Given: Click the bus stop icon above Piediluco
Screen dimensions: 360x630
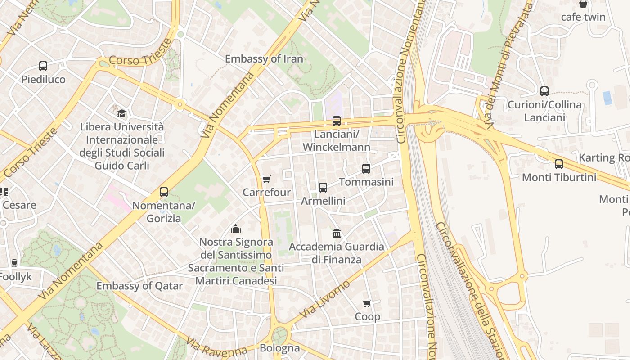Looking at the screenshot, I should click(x=43, y=66).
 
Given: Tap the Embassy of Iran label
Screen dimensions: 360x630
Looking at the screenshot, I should click(x=264, y=59).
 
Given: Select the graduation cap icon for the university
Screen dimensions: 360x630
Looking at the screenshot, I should click(x=121, y=113).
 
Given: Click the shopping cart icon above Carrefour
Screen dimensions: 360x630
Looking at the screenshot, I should click(x=266, y=180).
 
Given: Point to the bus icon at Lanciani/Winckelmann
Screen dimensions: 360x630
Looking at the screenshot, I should click(x=337, y=121).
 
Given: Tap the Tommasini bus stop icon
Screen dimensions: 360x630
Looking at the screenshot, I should click(x=366, y=169).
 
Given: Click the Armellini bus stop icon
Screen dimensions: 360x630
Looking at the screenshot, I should click(x=323, y=188).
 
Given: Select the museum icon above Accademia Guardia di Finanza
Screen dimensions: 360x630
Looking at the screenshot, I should click(x=337, y=233).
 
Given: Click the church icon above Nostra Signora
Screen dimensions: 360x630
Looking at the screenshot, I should click(x=236, y=229).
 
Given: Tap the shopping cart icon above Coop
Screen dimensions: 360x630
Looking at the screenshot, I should click(x=367, y=304).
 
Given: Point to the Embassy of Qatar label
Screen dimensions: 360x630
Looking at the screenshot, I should click(x=139, y=286).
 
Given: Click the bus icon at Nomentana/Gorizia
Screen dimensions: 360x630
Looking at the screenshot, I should click(x=164, y=192).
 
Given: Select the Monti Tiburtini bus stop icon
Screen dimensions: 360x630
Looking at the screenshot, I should click(x=559, y=164).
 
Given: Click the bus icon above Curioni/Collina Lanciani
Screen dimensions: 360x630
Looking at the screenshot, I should click(x=544, y=91).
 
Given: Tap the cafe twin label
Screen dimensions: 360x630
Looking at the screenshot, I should click(x=583, y=17).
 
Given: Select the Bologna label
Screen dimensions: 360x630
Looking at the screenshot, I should click(x=279, y=348).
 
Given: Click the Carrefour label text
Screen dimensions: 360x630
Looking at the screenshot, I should click(x=266, y=192).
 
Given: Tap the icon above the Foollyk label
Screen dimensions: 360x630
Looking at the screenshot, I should click(x=14, y=263).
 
